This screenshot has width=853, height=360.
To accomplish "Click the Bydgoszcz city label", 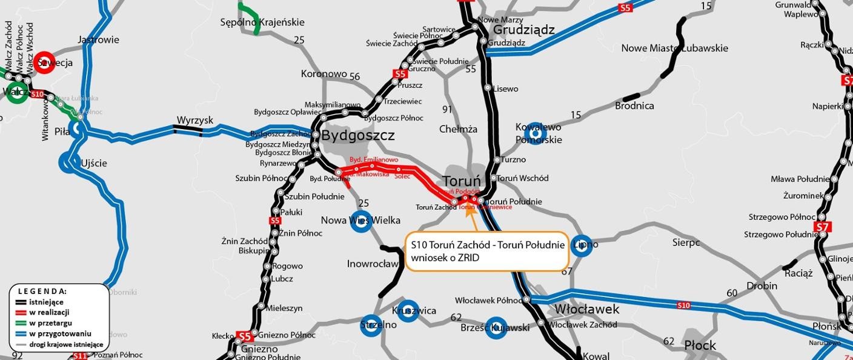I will (x=357, y=135).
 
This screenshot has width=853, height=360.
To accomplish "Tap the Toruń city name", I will (x=462, y=181).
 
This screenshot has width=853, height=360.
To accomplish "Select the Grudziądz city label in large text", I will (x=523, y=30).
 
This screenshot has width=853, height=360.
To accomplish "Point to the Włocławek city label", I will (x=587, y=309).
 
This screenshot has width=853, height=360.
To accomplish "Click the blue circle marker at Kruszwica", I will (x=408, y=311).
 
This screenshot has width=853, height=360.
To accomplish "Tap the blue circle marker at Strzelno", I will (x=371, y=325).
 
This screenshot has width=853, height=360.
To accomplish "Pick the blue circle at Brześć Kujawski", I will (x=496, y=328).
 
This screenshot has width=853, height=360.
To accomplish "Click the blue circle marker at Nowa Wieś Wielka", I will (x=360, y=221).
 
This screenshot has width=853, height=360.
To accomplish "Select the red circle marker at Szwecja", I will (x=44, y=62).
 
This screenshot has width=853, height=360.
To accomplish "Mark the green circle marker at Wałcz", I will (x=17, y=93).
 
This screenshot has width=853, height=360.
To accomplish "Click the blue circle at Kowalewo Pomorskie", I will (x=534, y=134).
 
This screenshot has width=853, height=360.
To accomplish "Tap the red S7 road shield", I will (x=821, y=227).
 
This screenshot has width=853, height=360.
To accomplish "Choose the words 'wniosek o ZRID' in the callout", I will (x=445, y=258).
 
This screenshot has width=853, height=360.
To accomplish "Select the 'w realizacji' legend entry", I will (x=49, y=312).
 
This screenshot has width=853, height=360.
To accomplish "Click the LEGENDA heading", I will (x=42, y=291).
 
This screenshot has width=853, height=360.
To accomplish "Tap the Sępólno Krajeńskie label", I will (x=262, y=22).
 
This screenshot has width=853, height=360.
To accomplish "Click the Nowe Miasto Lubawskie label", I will (x=674, y=48).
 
